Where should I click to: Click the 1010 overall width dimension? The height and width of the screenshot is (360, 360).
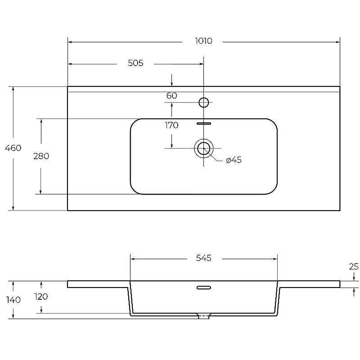[203, 41]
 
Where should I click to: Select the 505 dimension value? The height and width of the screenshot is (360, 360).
[135, 63]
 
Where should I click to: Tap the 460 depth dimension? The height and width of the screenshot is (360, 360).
[13, 148]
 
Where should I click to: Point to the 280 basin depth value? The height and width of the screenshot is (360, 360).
[41, 156]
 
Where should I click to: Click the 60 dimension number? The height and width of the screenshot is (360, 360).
[172, 95]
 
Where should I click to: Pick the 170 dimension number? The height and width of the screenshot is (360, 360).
[171, 125]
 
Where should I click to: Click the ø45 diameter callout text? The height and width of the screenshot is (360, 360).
[234, 160]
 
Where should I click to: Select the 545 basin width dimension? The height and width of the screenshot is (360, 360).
[204, 258]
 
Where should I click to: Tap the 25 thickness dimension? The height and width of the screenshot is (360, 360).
[354, 266]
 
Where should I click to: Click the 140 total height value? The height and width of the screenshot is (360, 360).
[13, 300]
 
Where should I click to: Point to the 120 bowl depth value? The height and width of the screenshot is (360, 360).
[41, 297]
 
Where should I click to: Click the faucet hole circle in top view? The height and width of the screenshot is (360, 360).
[204, 103]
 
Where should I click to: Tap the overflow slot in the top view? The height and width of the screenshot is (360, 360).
[204, 123]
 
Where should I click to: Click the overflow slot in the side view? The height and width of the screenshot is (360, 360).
[204, 288]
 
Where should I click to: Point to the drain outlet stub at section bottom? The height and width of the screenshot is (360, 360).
[204, 316]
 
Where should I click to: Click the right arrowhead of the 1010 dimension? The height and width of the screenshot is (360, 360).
[338, 42]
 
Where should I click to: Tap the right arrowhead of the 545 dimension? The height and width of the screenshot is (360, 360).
[275, 259]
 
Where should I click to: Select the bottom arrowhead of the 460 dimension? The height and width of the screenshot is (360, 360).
[13, 208]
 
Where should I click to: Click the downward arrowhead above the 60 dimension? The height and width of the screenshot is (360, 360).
[172, 84]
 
